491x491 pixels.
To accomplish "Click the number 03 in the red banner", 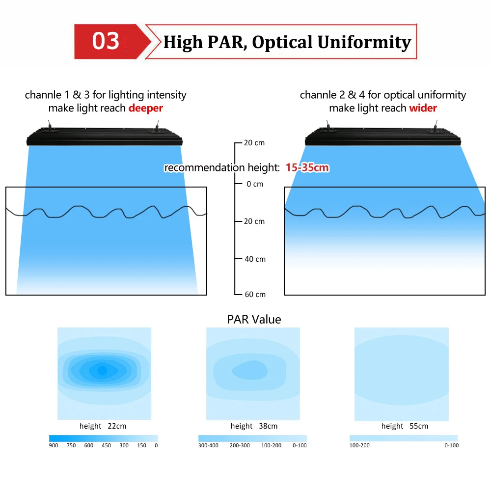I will pyautogui.click(x=106, y=41).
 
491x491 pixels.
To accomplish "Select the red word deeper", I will pyautogui.click(x=146, y=108).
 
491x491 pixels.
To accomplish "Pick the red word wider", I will pyautogui.click(x=423, y=108).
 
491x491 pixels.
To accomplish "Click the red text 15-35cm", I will pyautogui.click(x=307, y=168).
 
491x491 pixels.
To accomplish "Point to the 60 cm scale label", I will pyautogui.click(x=255, y=295).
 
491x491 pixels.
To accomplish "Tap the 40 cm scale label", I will pyautogui.click(x=255, y=259).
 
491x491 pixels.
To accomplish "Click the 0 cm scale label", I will pyautogui.click(x=255, y=184).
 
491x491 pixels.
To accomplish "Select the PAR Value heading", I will pyautogui.click(x=254, y=320).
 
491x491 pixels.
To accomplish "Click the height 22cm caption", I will pyautogui.click(x=103, y=426).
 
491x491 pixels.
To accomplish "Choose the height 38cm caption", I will pyautogui.click(x=254, y=426).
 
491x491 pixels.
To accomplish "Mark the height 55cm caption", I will pyautogui.click(x=405, y=426).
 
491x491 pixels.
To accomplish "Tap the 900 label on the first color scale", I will pyautogui.click(x=54, y=445).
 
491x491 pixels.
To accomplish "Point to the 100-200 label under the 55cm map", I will pyautogui.click(x=359, y=445).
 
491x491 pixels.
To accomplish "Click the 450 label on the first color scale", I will pyautogui.click(x=106, y=445).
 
